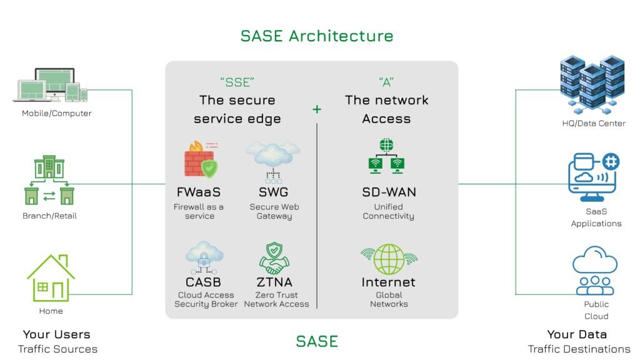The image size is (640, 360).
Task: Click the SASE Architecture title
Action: pos(317,36)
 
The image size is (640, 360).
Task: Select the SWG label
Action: pos(273,192)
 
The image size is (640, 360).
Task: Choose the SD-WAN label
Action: pos(389,192)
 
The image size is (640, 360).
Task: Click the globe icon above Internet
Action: pos(389,259)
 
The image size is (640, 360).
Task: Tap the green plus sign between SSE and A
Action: pos(317,109)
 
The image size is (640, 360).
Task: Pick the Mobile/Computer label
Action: pos(57,113)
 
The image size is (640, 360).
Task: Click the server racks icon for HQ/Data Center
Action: pos(593,84)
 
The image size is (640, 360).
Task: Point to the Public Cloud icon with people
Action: pos(595,270)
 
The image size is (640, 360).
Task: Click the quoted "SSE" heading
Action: pos(237,82)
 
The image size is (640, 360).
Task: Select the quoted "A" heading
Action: pos(386,82)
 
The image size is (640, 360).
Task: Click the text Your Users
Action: pos(57,334)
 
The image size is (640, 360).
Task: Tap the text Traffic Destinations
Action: pos(579,349)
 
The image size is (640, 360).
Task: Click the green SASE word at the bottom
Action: pos(317,341)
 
